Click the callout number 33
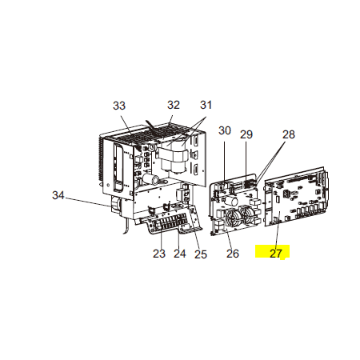click(119, 106)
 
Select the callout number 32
click(174, 105)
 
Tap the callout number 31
click(206, 105)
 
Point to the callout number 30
click(225, 130)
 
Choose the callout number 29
click(246, 134)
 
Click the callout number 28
click(289, 134)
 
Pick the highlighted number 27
click(276, 253)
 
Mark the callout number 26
click(233, 254)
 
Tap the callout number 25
click(201, 254)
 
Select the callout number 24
click(180, 254)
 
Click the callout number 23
click(159, 254)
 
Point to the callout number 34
click(58, 195)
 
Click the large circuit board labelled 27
click(296, 197)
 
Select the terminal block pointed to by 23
click(170, 223)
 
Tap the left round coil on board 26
click(233, 217)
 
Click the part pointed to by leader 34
click(116, 205)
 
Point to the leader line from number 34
click(88, 202)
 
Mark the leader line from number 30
click(224, 161)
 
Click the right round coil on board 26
click(247, 214)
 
